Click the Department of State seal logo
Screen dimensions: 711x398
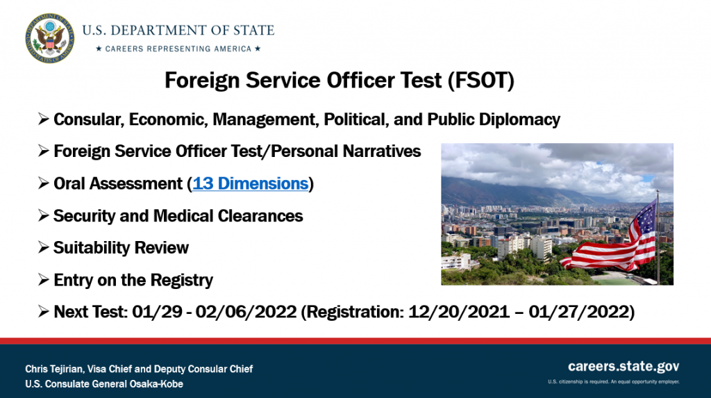50,38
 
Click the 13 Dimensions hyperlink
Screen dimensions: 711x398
250,183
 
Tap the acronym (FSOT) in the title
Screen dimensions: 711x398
481,81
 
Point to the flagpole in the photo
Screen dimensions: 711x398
658,237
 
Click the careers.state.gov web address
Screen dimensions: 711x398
624,366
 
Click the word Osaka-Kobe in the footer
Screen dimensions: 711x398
156,384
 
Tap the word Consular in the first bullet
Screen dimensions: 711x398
89,119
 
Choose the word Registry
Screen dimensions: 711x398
181,280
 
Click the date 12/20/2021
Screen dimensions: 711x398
459,312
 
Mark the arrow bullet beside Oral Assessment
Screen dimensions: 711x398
44,183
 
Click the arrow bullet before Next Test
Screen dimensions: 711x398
44,311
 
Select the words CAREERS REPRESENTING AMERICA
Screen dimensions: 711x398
178,49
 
